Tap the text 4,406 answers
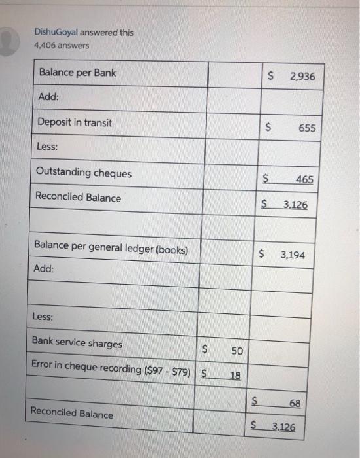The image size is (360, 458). click(63, 46)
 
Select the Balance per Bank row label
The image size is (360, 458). click(77, 73)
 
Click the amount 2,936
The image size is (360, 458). click(302, 77)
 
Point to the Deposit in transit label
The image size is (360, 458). click(75, 122)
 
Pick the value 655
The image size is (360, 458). click(307, 128)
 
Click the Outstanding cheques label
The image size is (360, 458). click(84, 173)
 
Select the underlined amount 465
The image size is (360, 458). click(304, 179)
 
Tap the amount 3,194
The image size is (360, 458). click(293, 255)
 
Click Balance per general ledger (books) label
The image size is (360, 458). click(111, 249)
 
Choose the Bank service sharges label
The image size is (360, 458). click(77, 343)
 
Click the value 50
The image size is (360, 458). click(237, 351)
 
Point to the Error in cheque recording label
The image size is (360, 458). click(111, 370)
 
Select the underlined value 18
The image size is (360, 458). click(234, 376)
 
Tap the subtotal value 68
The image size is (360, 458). click(295, 404)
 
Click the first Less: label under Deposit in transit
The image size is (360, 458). click(47, 147)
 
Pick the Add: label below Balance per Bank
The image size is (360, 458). click(48, 97)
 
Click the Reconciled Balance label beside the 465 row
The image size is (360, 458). click(78, 197)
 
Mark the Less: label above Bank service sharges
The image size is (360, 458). click(43, 317)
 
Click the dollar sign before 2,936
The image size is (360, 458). click(271, 77)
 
